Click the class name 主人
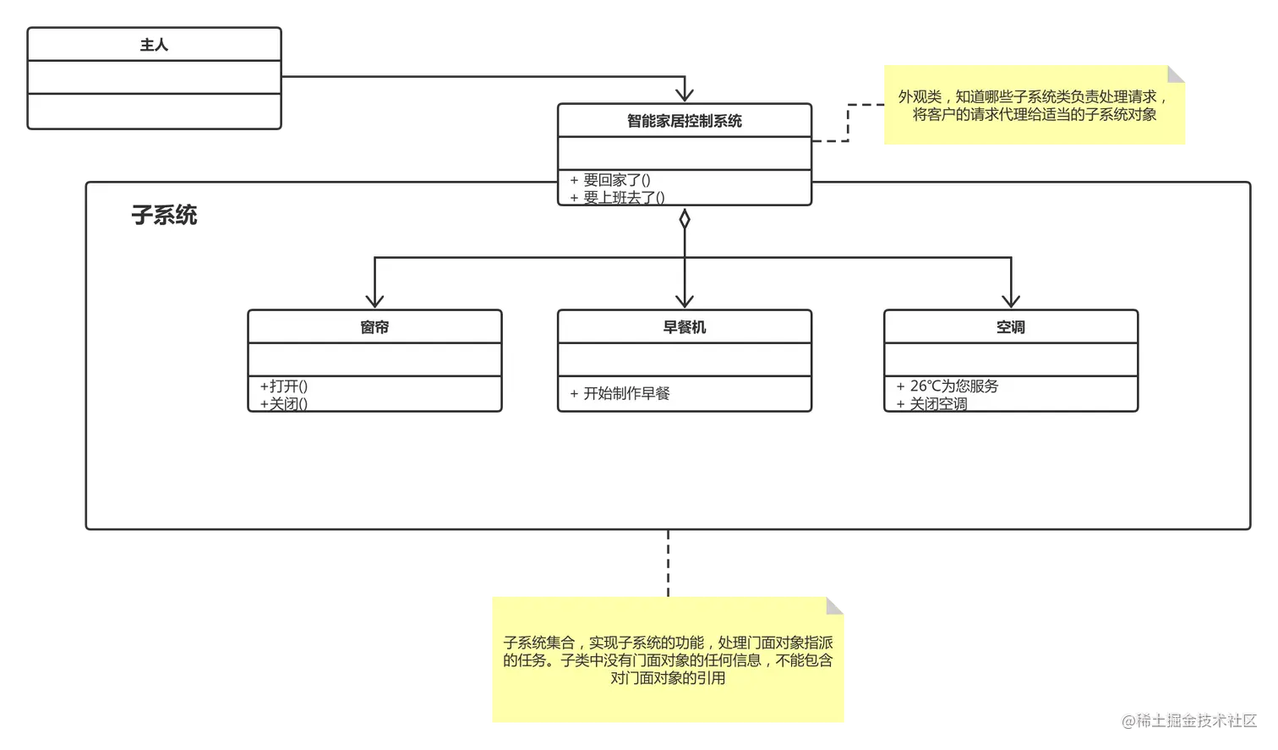pyautogui.click(x=154, y=45)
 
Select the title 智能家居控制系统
pyautogui.click(x=684, y=121)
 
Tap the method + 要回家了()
pyautogui.click(x=609, y=180)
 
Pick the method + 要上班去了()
pyautogui.click(x=617, y=198)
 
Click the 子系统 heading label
pyautogui.click(x=164, y=215)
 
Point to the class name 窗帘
pyautogui.click(x=374, y=327)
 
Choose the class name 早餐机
pyautogui.click(x=684, y=327)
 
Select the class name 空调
pyautogui.click(x=1010, y=327)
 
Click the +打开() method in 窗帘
pyautogui.click(x=284, y=386)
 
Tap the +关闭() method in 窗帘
pyautogui.click(x=284, y=404)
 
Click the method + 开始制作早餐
pyautogui.click(x=620, y=393)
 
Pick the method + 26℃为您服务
pyautogui.click(x=948, y=386)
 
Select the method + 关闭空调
pyautogui.click(x=931, y=404)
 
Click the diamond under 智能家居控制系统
pyautogui.click(x=685, y=220)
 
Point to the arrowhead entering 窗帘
pyautogui.click(x=374, y=300)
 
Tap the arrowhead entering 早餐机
pyautogui.click(x=685, y=300)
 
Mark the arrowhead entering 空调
pyautogui.click(x=1011, y=300)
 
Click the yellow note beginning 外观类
pyautogui.click(x=1034, y=106)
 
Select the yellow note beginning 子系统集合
pyautogui.click(x=668, y=660)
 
